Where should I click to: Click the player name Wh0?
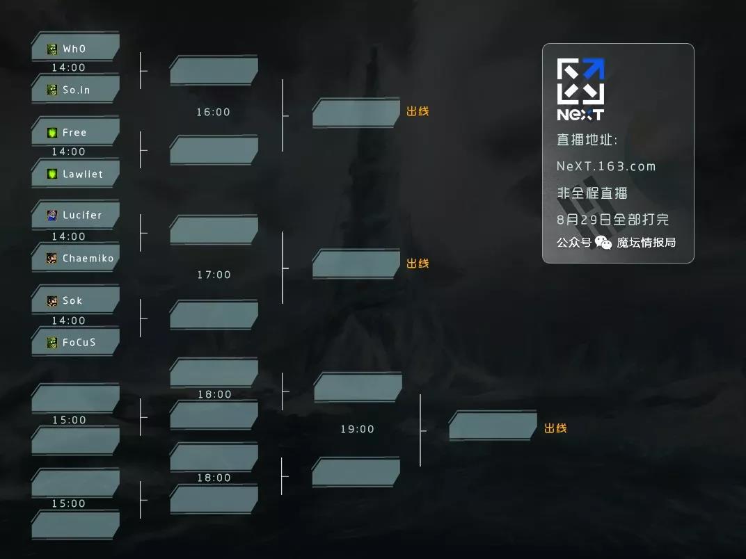[x=74, y=49]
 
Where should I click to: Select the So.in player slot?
[x=76, y=90]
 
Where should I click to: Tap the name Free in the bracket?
[x=74, y=133]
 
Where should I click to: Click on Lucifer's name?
[x=82, y=216]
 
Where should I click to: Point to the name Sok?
[x=72, y=300]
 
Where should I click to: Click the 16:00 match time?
[x=213, y=112]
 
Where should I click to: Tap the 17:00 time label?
[x=214, y=275]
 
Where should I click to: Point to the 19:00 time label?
[x=357, y=429]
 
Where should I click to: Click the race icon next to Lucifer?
[x=52, y=216]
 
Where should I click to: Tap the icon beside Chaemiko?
[x=52, y=258]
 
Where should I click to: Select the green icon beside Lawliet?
[x=52, y=174]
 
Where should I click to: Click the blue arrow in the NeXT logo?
[x=594, y=68]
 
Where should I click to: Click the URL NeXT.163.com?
[x=606, y=166]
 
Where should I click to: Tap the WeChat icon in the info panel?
[x=603, y=243]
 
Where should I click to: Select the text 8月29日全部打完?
[x=613, y=220]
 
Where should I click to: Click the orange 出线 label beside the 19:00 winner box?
[x=555, y=428]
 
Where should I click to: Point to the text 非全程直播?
[x=592, y=193]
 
